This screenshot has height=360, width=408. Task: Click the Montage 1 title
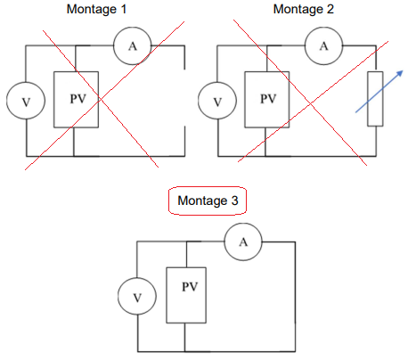click(x=96, y=9)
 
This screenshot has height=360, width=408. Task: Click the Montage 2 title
click(x=303, y=9)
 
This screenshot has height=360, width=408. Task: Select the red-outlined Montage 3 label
click(x=208, y=200)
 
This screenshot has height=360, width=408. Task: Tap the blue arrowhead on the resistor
click(x=400, y=73)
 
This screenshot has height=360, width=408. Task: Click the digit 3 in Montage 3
click(x=235, y=200)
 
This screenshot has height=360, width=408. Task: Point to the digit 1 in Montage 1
click(x=124, y=9)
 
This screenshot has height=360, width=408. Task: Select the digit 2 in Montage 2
click(x=330, y=9)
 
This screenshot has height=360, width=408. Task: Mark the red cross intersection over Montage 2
click(x=310, y=103)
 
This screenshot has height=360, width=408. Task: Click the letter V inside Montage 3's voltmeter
click(x=137, y=298)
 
